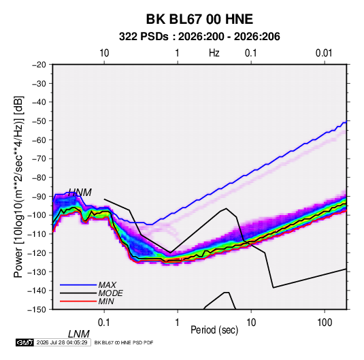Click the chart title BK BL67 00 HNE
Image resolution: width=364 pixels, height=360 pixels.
pyautogui.click(x=199, y=19)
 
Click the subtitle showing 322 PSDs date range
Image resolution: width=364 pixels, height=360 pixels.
pyautogui.click(x=199, y=37)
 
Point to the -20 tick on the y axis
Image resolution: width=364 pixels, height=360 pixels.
pyautogui.click(x=39, y=65)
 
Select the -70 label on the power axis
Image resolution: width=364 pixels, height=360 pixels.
pyautogui.click(x=39, y=159)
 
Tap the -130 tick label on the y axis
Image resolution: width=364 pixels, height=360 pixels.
pyautogui.click(x=37, y=272)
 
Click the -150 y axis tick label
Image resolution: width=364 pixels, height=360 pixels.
pyautogui.click(x=37, y=310)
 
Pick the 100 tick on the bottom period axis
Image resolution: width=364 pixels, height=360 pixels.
pyautogui.click(x=325, y=322)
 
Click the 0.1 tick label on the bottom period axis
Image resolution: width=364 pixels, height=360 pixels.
pyautogui.click(x=104, y=322)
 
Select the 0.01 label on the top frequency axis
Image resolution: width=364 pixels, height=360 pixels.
pyautogui.click(x=324, y=53)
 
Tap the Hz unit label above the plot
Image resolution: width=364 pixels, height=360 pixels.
pyautogui.click(x=214, y=53)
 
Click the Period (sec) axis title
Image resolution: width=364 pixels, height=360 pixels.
pyautogui.click(x=214, y=330)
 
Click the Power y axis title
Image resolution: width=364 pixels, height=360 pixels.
pyautogui.click(x=18, y=186)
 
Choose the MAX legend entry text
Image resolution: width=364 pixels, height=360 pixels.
pyautogui.click(x=107, y=285)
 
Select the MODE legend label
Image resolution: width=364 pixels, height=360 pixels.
pyautogui.click(x=110, y=293)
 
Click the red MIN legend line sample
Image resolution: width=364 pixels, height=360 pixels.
pyautogui.click(x=78, y=301)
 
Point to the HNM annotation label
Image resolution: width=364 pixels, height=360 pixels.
pyautogui.click(x=80, y=193)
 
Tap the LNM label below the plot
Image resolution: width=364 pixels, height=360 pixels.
pyautogui.click(x=78, y=334)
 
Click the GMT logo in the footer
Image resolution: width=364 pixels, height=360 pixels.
pyautogui.click(x=24, y=342)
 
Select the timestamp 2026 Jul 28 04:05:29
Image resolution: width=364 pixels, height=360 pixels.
pyautogui.click(x=62, y=342)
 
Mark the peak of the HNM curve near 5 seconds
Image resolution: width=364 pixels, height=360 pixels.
pyautogui.click(x=226, y=208)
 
